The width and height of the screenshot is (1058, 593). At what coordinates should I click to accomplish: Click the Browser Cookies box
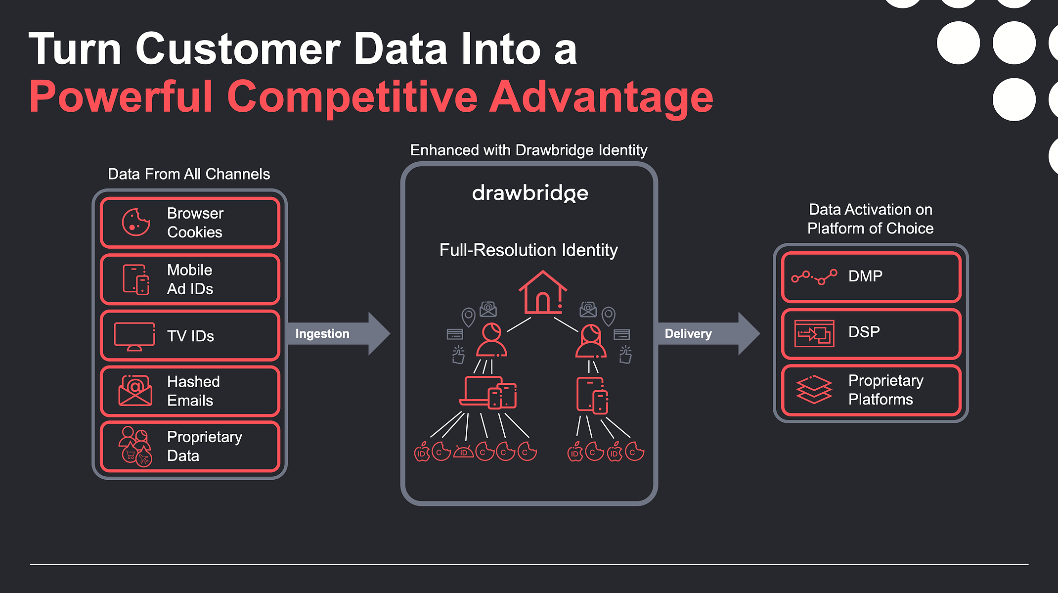(x=190, y=223)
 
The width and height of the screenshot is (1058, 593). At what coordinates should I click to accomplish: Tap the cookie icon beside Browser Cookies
(x=136, y=222)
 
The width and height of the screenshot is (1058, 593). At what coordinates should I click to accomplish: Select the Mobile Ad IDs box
(x=190, y=279)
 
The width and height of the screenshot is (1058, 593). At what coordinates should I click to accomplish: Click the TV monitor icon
(x=134, y=336)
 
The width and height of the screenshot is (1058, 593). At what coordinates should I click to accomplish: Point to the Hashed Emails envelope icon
(x=135, y=391)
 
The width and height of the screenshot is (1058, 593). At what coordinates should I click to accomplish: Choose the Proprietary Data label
(x=205, y=446)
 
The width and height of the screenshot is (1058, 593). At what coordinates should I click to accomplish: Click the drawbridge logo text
(x=530, y=193)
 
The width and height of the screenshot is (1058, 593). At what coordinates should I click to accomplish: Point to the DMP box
(x=871, y=277)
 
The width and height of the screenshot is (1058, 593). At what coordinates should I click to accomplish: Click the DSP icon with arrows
(x=814, y=333)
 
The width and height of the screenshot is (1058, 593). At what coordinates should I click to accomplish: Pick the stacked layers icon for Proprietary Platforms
(x=814, y=389)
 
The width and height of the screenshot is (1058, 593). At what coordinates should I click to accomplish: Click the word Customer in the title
(x=238, y=49)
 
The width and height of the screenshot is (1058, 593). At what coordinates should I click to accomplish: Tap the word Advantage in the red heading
(x=601, y=97)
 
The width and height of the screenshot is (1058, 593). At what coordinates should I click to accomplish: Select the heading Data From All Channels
(x=189, y=174)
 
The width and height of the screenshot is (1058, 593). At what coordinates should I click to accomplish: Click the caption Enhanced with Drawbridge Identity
(x=529, y=150)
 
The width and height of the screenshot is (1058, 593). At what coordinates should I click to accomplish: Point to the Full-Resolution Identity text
(x=529, y=250)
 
